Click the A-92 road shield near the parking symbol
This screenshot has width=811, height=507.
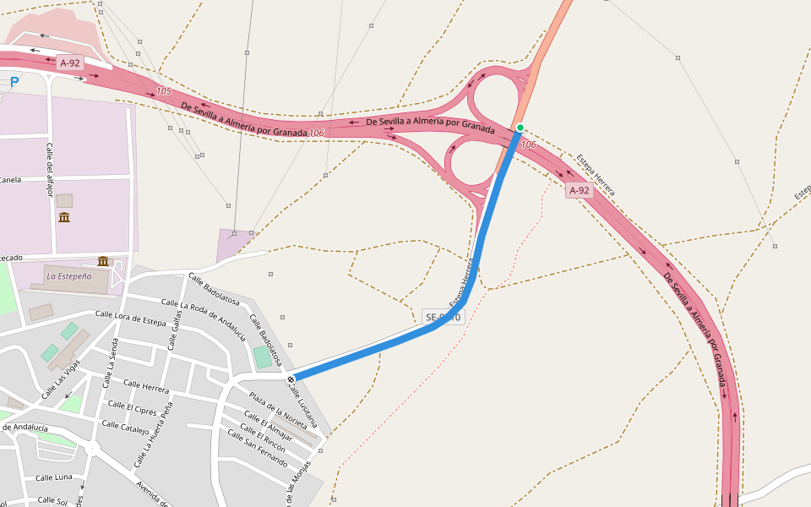point(70,63)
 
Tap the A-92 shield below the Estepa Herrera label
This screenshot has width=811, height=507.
point(579,191)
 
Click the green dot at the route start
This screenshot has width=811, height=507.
point(520,128)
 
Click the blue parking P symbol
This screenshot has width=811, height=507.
point(14,82)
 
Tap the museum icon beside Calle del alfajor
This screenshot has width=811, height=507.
point(64,218)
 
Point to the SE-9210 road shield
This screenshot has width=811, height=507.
point(443,318)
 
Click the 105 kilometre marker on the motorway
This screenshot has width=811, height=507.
point(164,91)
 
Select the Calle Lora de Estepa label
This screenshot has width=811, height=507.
point(131,319)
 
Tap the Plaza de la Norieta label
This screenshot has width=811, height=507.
point(277,410)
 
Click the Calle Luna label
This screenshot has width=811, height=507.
point(54,477)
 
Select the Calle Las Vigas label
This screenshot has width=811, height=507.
point(61,379)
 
